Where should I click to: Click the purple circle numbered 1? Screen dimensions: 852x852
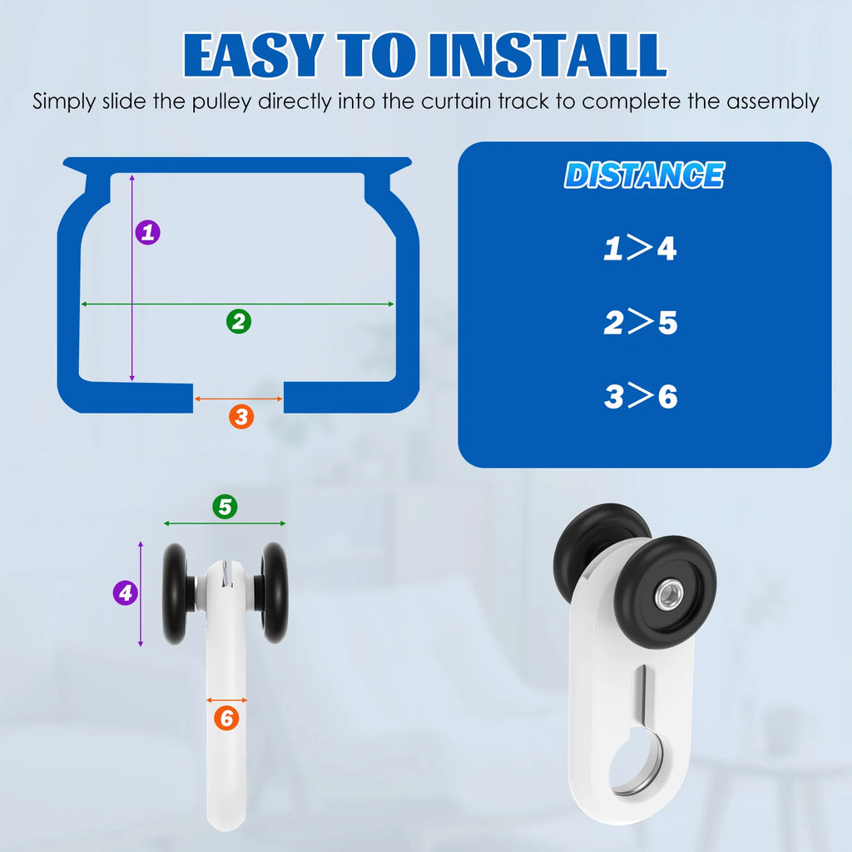[x=147, y=233]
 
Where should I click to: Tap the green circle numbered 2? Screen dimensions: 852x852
[x=239, y=321]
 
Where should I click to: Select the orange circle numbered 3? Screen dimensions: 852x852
[x=241, y=417]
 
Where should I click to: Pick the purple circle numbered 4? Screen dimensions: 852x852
[x=126, y=592]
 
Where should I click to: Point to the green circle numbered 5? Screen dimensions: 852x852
[x=225, y=507]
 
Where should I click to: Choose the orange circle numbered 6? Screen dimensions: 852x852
[x=226, y=718]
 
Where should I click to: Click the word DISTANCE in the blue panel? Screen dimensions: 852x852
[x=645, y=175]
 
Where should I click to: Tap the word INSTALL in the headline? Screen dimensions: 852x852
[x=547, y=55]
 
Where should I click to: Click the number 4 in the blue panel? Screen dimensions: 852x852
[x=667, y=248]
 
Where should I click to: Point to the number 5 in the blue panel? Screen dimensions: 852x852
[x=668, y=323]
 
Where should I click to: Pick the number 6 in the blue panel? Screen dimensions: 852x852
[x=668, y=396]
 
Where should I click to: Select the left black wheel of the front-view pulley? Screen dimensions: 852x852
[x=175, y=593]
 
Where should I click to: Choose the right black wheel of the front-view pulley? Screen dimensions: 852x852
[x=275, y=592]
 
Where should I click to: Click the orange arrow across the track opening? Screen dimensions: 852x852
[x=239, y=399]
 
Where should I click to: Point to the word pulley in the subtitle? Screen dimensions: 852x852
[x=222, y=102]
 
